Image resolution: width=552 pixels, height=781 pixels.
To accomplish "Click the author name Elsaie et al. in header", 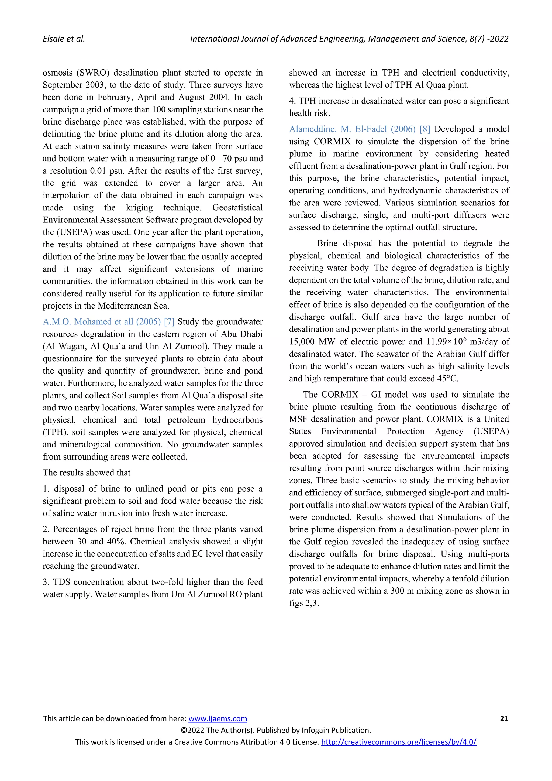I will [x=64, y=39].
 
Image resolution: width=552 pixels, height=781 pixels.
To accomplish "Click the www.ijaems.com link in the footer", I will [x=218, y=718].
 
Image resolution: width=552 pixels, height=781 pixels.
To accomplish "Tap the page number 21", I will [x=504, y=718].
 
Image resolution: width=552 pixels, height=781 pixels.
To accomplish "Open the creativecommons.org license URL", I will [x=398, y=742].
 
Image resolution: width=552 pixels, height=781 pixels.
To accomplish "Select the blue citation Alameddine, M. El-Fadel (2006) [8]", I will [x=359, y=129].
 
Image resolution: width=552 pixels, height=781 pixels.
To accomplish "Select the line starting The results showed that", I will [x=87, y=472].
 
